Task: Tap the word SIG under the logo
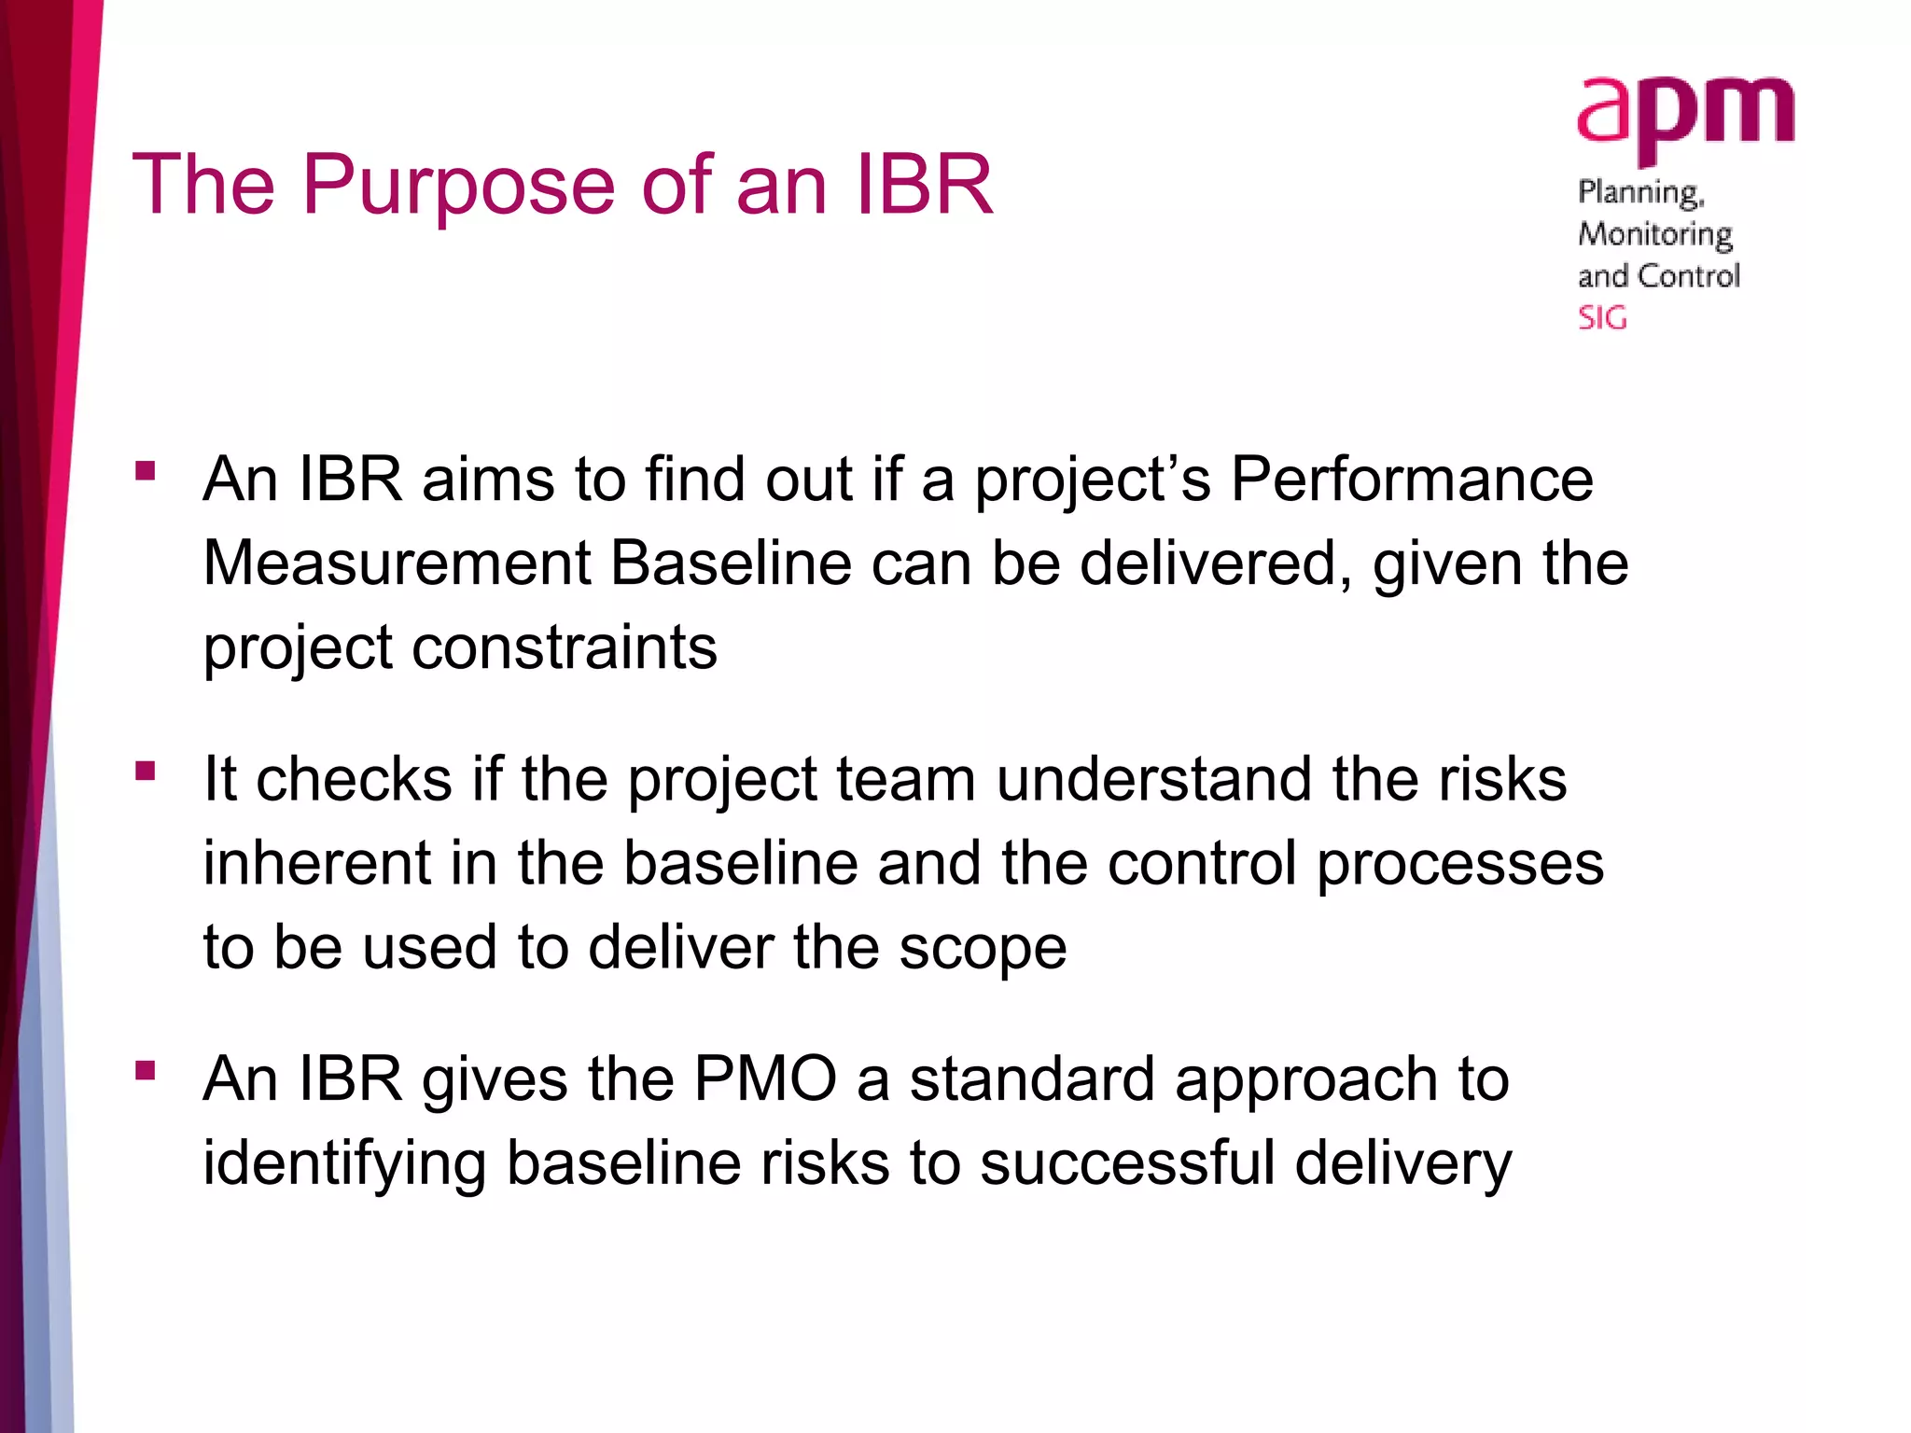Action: [1602, 318]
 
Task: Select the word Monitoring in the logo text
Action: [1654, 234]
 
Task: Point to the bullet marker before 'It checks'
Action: [145, 771]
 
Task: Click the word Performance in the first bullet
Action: [1412, 480]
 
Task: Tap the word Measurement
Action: [398, 563]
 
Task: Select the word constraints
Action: [565, 647]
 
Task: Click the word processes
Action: [1460, 865]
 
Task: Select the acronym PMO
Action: [765, 1079]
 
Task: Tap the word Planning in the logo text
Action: [1640, 193]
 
